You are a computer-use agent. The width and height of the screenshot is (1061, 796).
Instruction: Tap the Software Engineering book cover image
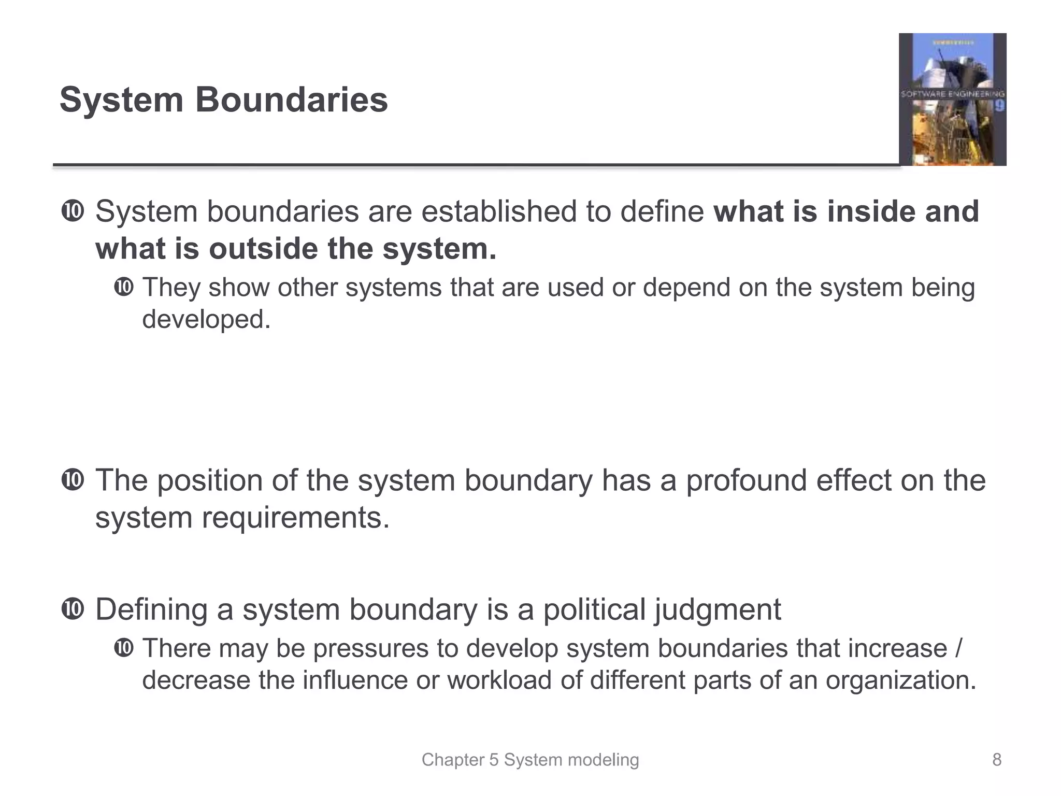coord(952,99)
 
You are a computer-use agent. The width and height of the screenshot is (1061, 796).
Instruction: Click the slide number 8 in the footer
coord(996,760)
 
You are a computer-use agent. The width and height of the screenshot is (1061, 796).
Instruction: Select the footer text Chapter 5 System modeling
coord(530,760)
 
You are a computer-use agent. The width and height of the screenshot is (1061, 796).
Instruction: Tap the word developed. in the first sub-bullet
coord(206,319)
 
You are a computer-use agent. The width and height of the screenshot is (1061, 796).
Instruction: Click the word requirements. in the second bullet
coord(295,518)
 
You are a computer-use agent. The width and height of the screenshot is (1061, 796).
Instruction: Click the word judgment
coord(718,609)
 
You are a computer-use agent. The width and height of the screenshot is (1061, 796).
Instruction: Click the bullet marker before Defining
coord(72,609)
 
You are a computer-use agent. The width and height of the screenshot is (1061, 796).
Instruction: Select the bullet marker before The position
coord(72,480)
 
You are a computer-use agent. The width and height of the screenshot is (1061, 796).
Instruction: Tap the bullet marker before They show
coord(123,287)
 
